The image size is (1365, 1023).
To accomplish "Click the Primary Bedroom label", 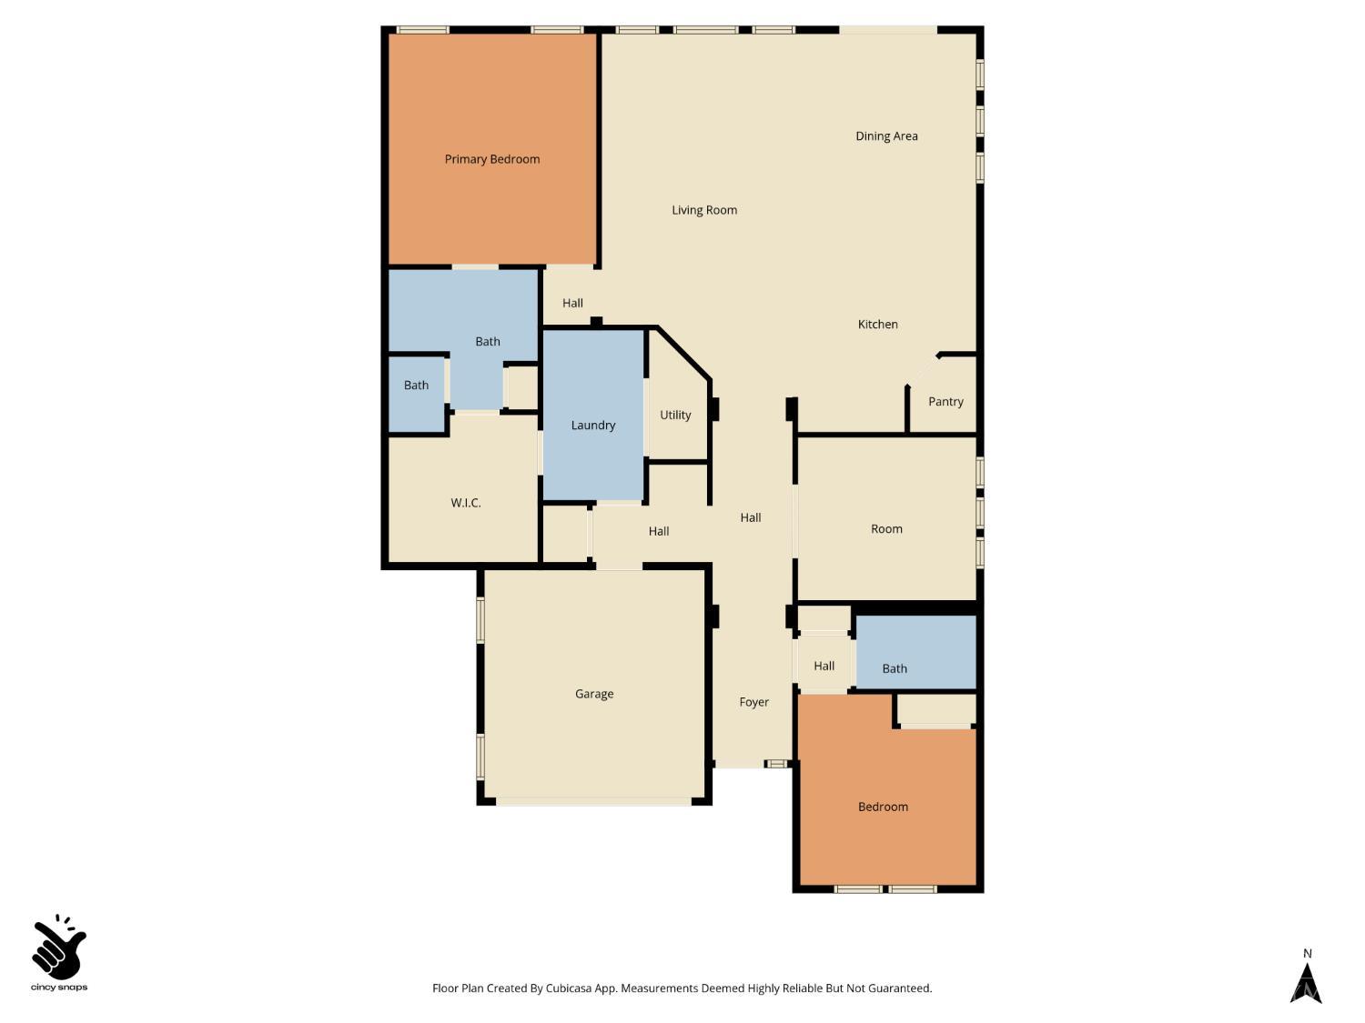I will pos(492,159).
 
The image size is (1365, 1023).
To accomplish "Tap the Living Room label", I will pos(704,210).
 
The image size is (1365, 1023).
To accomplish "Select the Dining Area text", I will pos(886,136).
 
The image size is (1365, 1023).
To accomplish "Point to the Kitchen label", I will pos(877,325).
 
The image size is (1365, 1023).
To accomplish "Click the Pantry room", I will pos(945,402).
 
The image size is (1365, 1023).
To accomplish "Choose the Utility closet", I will pos(675,416).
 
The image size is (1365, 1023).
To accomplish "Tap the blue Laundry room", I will pos(593,425).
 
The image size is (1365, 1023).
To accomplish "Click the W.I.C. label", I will pos(465,503).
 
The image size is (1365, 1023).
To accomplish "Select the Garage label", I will pos(594,694).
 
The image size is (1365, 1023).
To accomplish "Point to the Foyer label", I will pos(753,702).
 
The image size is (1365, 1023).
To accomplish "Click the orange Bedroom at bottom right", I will pos(883,807).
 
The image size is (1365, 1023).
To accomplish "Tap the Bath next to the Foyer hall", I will pos(895,668).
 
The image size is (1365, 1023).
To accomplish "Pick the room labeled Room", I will pos(886,529).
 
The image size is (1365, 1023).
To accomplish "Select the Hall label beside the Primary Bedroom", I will pos(572,304).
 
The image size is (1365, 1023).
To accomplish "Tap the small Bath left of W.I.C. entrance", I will pos(416,386).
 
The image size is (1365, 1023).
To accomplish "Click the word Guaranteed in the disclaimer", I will pos(899,988).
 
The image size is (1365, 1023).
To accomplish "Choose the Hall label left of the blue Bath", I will pos(824,667).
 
